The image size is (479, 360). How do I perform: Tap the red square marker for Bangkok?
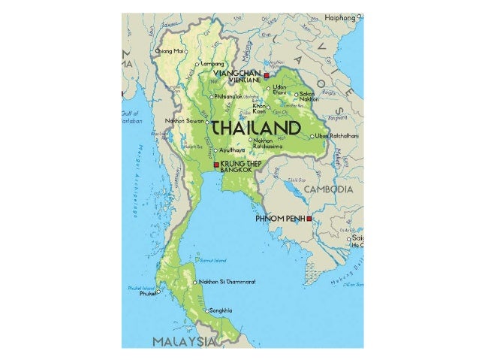(x=216, y=165)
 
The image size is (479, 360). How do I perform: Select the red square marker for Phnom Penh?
(x=309, y=219)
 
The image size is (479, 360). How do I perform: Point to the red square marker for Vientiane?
(x=267, y=77)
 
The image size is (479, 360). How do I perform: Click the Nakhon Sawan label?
(x=186, y=120)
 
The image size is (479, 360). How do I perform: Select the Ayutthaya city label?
(x=230, y=150)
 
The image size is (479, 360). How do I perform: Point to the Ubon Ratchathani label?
(x=337, y=136)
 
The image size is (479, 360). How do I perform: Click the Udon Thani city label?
(x=279, y=90)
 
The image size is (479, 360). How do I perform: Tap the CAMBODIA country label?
(x=327, y=190)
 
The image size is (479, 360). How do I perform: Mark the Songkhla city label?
(x=219, y=310)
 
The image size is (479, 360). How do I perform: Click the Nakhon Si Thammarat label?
(x=227, y=283)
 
